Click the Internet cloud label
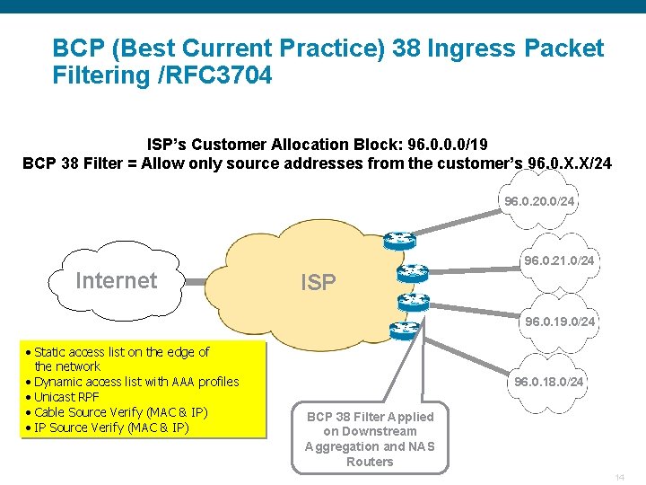tap(116, 280)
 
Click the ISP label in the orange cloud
tap(318, 283)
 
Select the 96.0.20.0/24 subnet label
tap(538, 202)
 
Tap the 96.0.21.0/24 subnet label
tap(559, 260)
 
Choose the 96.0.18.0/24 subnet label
tap(548, 382)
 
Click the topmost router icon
tap(398, 240)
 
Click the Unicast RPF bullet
tap(66, 397)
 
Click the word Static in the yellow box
tap(50, 352)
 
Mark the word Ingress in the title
tap(480, 48)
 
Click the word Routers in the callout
tap(370, 462)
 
